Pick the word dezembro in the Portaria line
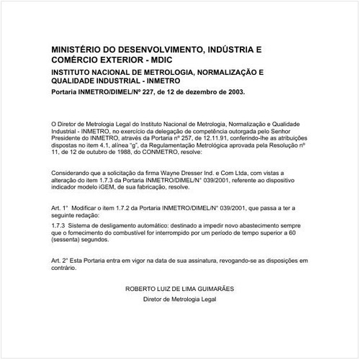tap(197, 92)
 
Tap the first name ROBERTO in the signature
tap(140, 287)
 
